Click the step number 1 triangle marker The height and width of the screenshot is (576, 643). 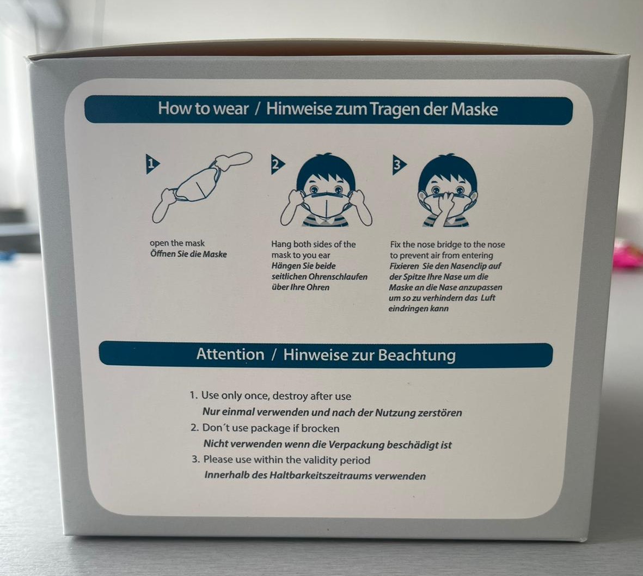pos(152,164)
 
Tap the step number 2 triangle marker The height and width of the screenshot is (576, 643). pos(277,164)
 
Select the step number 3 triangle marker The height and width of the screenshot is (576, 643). pos(398,165)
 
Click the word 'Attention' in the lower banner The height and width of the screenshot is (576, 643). pos(230,354)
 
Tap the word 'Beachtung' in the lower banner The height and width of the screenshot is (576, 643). pos(417,355)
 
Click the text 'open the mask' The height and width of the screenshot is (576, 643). pos(177,243)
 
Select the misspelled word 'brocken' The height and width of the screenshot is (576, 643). pos(320,428)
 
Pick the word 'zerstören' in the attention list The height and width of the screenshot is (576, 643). pos(439,413)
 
